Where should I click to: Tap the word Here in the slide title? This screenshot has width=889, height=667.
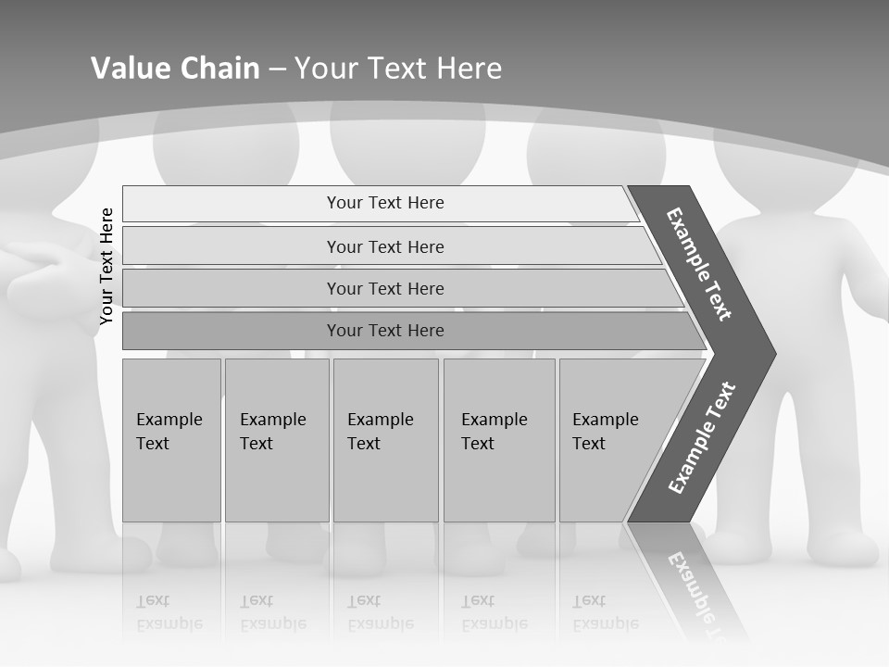point(469,69)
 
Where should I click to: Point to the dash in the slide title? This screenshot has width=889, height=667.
point(277,69)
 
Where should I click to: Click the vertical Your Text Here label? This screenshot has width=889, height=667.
point(106,266)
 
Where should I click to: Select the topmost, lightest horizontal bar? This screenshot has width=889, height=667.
point(385,203)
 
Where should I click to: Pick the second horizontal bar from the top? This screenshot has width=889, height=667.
point(385,246)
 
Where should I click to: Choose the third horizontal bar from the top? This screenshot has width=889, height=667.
point(385,288)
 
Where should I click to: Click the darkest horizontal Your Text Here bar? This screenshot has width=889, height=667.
point(385,331)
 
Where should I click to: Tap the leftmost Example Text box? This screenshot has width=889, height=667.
point(171,439)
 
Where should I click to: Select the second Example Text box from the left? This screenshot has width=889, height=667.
point(276,439)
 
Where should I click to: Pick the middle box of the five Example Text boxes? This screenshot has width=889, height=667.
point(385,439)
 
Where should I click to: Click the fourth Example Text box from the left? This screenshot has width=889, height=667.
point(498,439)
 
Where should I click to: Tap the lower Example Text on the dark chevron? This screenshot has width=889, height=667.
point(702,437)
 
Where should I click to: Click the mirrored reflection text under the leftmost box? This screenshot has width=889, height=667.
point(169,612)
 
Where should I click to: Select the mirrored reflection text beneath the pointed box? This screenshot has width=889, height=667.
point(604,612)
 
